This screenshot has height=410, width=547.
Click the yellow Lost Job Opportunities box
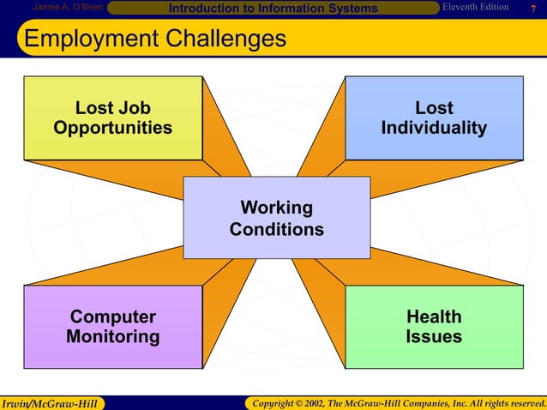point(112,118)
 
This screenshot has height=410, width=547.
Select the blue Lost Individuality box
point(434,118)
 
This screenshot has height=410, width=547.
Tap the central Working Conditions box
point(276,218)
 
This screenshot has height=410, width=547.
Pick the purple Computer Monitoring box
point(112,327)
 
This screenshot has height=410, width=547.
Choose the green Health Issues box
point(434,327)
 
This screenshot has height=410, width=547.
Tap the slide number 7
point(533,9)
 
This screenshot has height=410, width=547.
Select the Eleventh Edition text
point(476,8)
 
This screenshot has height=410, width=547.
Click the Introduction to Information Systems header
point(273,9)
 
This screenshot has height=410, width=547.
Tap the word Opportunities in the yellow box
point(112,129)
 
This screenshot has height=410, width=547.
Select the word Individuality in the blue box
point(434,129)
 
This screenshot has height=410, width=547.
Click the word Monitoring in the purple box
point(112,337)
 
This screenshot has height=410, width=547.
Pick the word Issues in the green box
point(434,337)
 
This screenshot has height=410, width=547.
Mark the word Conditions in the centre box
point(276,230)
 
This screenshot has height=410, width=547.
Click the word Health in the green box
point(434,317)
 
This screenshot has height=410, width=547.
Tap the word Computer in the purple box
point(112,317)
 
